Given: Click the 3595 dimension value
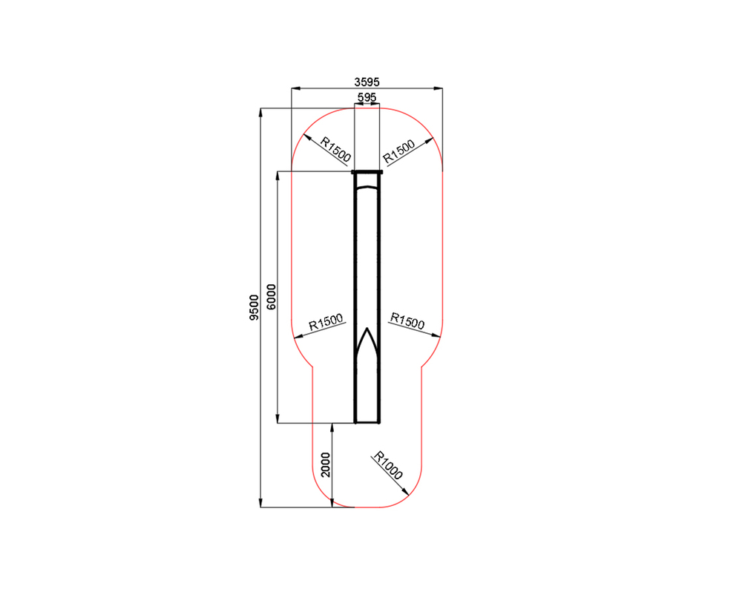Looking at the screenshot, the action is coord(367,82).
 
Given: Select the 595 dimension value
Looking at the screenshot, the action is coord(367,97).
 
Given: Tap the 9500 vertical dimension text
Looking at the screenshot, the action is coord(254,308).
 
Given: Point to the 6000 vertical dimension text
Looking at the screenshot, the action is coord(271,297).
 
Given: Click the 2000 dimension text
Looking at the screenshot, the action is coord(326,464).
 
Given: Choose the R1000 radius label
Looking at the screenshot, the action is coord(388,466).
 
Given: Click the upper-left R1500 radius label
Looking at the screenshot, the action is coord(335,149).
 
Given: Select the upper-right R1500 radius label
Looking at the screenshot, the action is coord(398,151).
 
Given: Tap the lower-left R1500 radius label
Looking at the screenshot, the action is coord(326,322).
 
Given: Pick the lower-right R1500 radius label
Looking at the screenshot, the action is coord(407,320).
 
